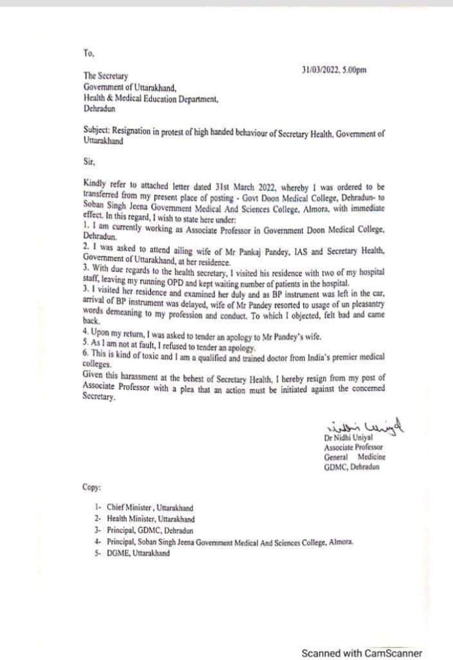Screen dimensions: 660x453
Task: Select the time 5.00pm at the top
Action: pyautogui.click(x=354, y=70)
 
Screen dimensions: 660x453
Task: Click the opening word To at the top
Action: pyautogui.click(x=89, y=55)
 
